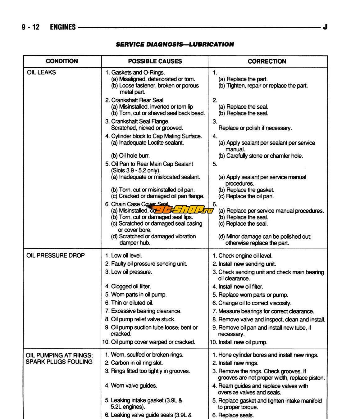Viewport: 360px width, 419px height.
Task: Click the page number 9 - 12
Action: [30, 27]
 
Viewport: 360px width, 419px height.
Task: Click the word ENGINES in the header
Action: [62, 27]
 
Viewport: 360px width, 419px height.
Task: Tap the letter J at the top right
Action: [325, 27]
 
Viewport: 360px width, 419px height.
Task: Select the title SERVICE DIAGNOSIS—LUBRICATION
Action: [175, 44]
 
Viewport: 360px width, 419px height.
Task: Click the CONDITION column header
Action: [62, 61]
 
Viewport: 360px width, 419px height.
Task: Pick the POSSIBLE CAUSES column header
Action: [155, 61]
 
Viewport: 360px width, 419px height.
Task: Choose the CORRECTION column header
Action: [267, 61]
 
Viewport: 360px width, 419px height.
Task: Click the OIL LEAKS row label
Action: [42, 72]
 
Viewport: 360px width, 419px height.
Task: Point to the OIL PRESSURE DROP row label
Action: [56, 255]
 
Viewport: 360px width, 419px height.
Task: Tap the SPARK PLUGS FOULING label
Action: [59, 362]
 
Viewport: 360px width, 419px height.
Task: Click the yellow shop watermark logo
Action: [180, 209]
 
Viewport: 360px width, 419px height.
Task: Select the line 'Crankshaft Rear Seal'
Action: [137, 100]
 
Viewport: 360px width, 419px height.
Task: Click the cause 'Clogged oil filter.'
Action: [130, 286]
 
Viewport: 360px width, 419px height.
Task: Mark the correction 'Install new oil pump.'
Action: [242, 342]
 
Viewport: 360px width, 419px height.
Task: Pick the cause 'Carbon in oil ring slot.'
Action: [137, 363]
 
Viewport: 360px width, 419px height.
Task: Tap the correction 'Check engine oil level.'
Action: [245, 256]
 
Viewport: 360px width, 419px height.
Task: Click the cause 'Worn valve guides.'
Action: [134, 385]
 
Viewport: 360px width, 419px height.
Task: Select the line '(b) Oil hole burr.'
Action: [130, 155]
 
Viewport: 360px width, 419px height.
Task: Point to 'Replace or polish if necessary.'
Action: [255, 128]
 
